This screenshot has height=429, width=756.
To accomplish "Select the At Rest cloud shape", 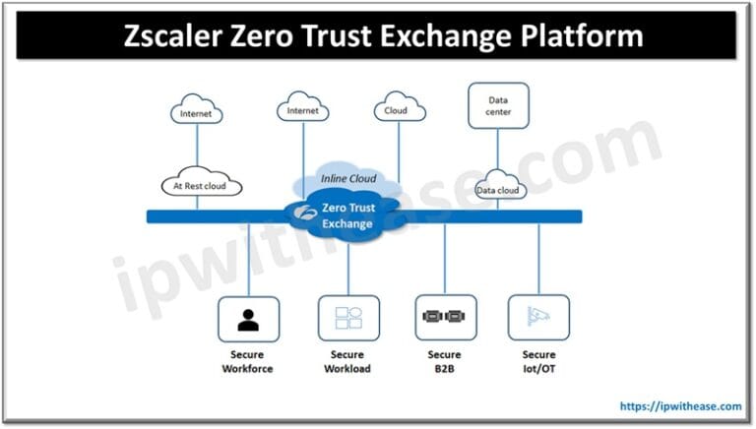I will [x=201, y=184].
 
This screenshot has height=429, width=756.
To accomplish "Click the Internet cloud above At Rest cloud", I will [x=196, y=113].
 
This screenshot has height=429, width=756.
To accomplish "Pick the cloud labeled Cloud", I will [x=399, y=110].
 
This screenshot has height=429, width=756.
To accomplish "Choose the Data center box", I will [x=498, y=105].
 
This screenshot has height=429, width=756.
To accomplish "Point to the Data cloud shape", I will [x=498, y=189].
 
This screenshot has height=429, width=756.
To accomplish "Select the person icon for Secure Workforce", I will [x=248, y=319].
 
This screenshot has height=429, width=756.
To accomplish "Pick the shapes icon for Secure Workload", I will [x=348, y=319].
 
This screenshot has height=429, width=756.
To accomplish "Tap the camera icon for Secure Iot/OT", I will [x=537, y=318].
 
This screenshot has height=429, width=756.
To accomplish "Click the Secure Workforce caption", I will [x=248, y=362].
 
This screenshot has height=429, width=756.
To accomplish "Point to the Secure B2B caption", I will [x=445, y=362].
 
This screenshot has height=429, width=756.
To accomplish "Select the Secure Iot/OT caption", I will [x=538, y=362].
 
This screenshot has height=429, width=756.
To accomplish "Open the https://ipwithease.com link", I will [x=680, y=405].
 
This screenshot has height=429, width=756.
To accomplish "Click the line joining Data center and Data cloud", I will [x=498, y=152].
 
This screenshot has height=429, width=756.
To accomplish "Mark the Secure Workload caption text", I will [x=347, y=362].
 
